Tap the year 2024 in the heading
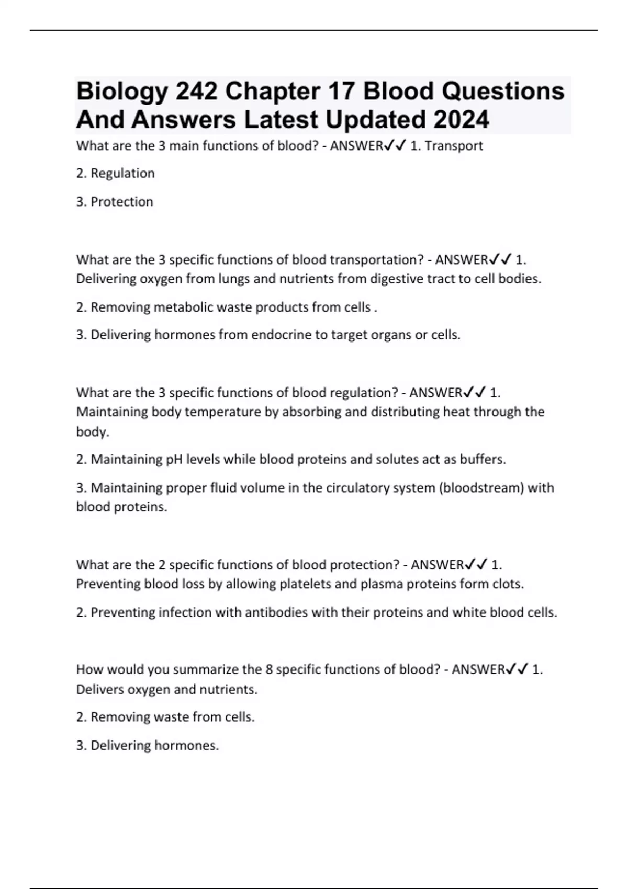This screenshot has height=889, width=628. pyautogui.click(x=461, y=120)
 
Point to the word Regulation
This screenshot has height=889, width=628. pyautogui.click(x=122, y=174)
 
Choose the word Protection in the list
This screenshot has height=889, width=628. pyautogui.click(x=122, y=202)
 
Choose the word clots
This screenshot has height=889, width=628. pyautogui.click(x=508, y=584)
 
